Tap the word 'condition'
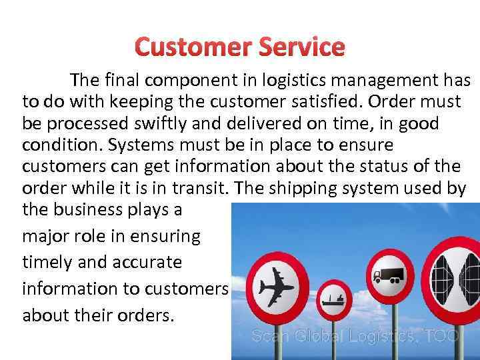coord(61,145)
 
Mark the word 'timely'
coord(48,262)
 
